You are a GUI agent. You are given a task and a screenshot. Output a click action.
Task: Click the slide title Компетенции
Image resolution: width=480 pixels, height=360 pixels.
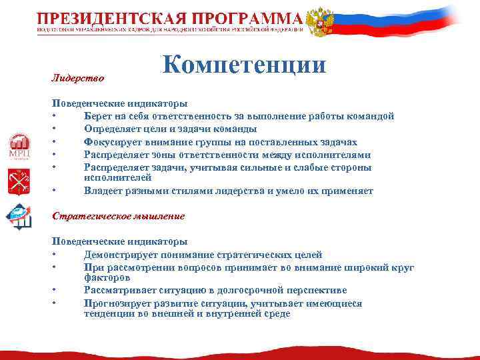point(243,65)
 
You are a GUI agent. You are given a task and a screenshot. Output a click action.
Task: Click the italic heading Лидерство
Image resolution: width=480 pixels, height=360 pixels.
point(78,78)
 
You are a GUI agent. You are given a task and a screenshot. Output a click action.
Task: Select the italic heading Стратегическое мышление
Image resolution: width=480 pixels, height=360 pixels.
point(118,216)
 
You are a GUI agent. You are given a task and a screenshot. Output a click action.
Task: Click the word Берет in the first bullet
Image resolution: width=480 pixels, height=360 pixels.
point(97,116)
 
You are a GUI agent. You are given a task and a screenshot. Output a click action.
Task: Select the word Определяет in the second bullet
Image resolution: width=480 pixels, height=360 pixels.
point(111,129)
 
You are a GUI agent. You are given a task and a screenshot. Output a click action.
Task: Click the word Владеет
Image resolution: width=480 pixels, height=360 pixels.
point(101,191)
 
